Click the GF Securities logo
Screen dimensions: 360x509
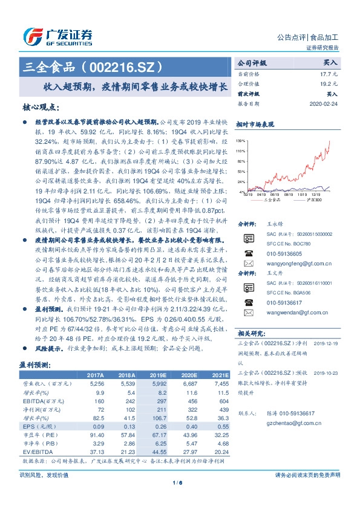coord(57,36)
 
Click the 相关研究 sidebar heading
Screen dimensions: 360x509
coord(250,333)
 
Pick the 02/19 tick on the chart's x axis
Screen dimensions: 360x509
coord(249,194)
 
